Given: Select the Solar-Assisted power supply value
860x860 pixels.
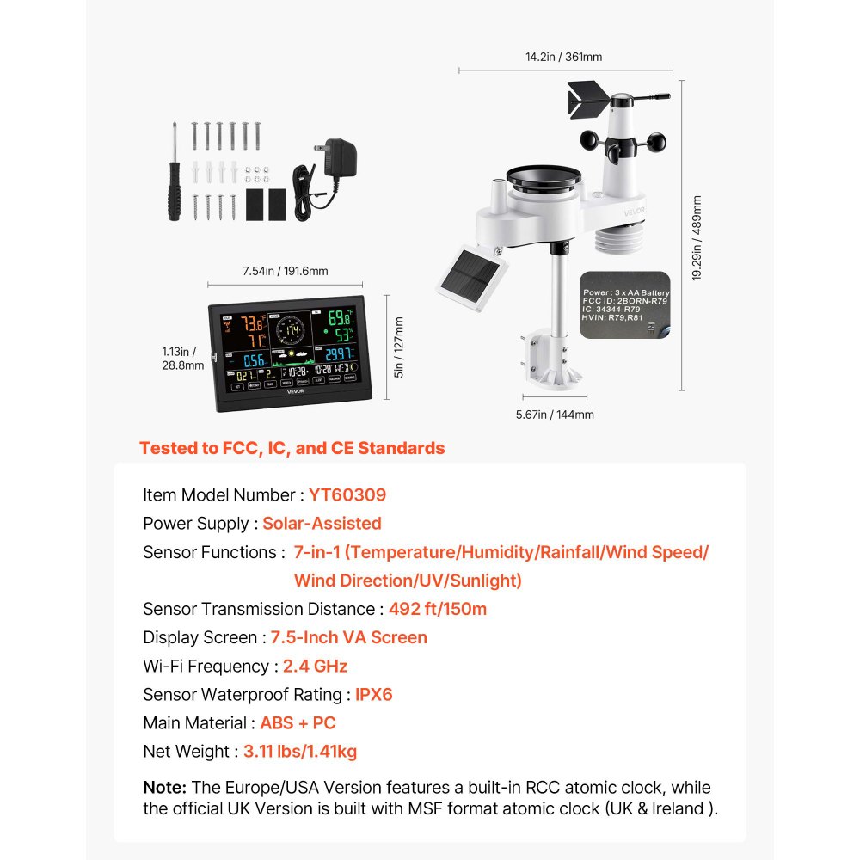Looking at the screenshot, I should (322, 524).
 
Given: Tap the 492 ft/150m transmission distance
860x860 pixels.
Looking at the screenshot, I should (438, 610).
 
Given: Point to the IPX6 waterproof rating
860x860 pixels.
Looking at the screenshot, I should (373, 695).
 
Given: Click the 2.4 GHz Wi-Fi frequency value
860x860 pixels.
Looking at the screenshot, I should (315, 666).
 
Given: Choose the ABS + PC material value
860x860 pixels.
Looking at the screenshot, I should (298, 723).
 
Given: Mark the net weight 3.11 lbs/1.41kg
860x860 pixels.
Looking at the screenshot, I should (299, 752).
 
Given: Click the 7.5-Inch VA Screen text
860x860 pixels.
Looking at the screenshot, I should (348, 638).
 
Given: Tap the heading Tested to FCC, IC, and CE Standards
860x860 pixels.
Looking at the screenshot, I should (292, 448).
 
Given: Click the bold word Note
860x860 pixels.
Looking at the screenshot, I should (164, 788).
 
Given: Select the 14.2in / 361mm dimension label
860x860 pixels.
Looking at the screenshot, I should (563, 58).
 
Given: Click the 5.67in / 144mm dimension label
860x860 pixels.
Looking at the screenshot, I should (556, 415).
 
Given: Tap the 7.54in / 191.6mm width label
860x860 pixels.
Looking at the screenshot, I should (285, 271).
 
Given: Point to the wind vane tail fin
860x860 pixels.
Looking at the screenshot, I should (587, 97).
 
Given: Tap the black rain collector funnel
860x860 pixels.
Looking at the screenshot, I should (547, 182).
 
